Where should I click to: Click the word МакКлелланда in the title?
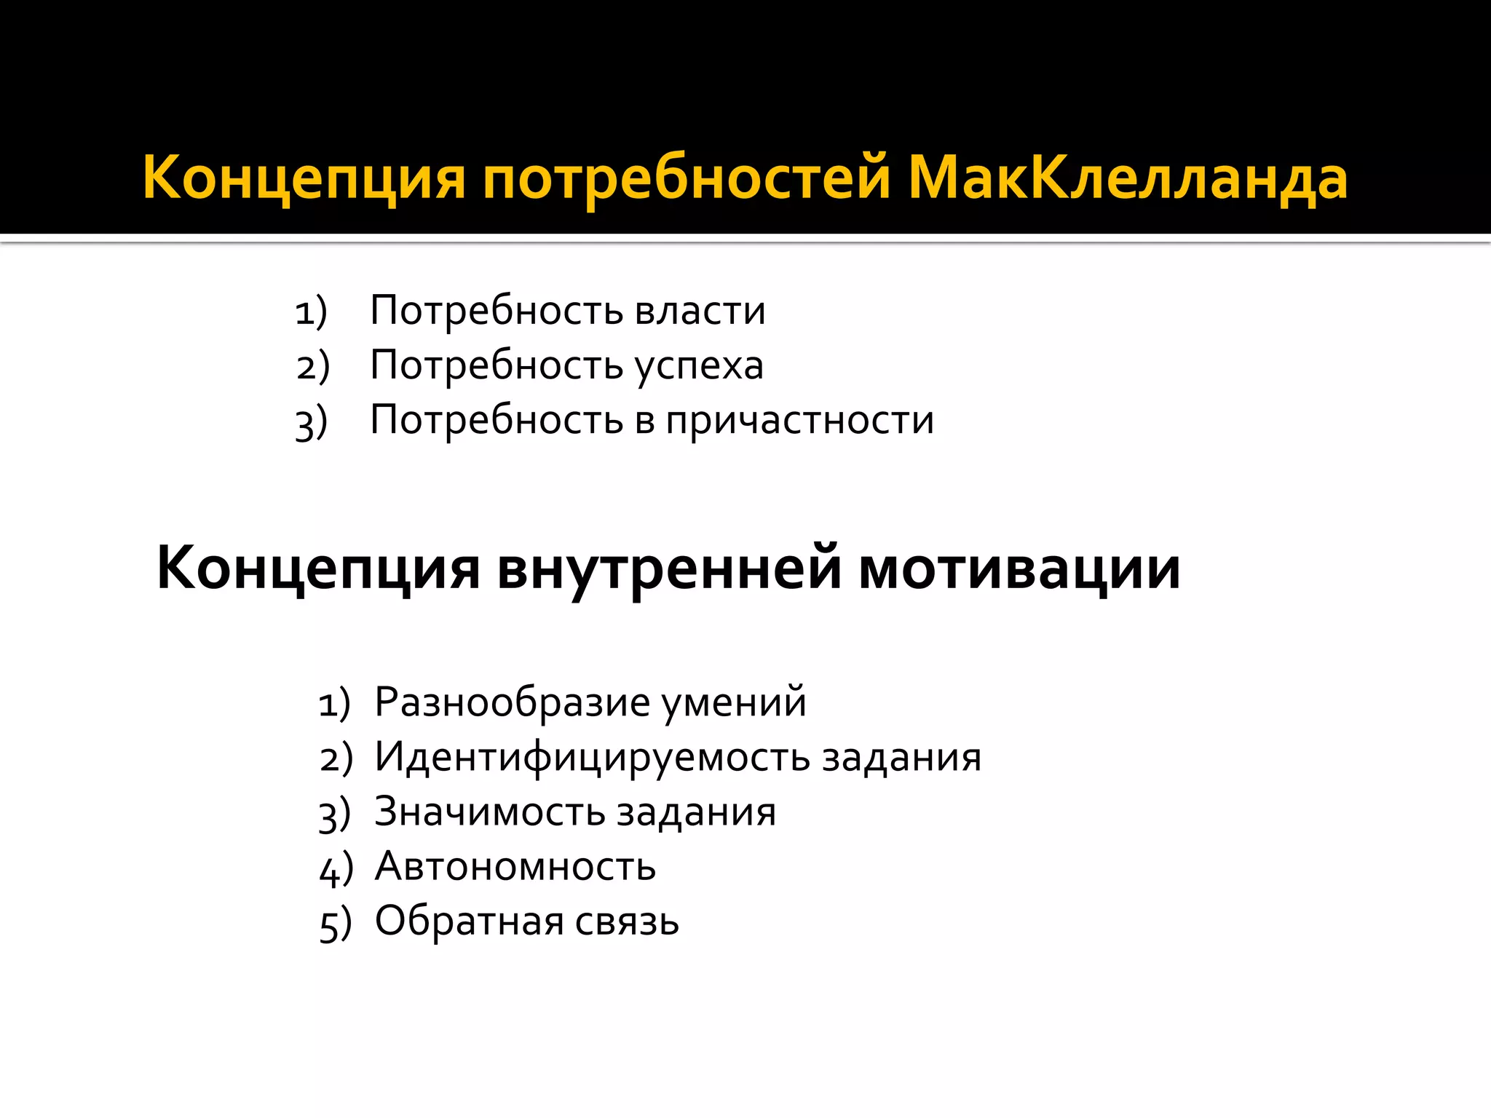click(1127, 178)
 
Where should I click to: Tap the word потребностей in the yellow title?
click(687, 179)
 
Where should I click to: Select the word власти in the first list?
click(700, 311)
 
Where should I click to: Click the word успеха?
click(699, 366)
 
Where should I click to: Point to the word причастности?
click(799, 421)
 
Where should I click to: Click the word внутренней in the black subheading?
click(669, 568)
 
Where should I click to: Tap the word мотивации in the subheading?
click(1019, 568)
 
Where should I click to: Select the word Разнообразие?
click(512, 702)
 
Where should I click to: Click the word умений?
click(734, 702)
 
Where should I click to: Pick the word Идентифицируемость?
click(593, 757)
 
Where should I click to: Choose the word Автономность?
click(515, 866)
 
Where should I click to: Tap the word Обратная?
click(469, 921)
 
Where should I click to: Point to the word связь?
click(627, 921)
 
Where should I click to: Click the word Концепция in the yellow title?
click(304, 179)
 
